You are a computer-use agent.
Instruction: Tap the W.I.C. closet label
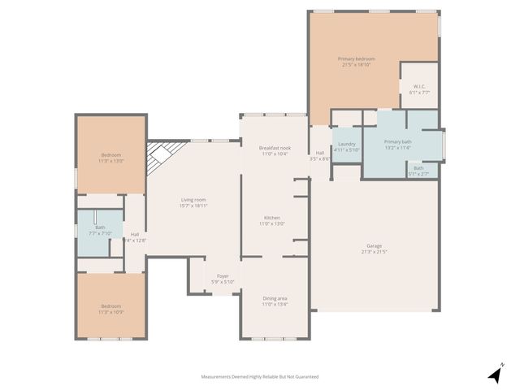(419, 87)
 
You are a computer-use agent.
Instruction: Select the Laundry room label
(347, 144)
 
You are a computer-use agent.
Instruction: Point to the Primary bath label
(398, 142)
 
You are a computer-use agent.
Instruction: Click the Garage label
(374, 246)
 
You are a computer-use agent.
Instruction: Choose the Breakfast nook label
(275, 148)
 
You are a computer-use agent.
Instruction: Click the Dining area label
(274, 298)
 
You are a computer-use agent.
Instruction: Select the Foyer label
(222, 276)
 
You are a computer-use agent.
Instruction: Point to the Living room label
(193, 200)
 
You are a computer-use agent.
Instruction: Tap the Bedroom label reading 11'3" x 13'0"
(110, 155)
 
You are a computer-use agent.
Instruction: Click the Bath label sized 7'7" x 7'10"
(100, 227)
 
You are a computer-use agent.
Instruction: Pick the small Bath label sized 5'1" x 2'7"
(418, 168)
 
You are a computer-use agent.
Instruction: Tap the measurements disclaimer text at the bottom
(260, 377)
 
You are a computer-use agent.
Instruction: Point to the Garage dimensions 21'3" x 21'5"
(374, 252)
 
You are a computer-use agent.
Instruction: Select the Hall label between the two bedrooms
(134, 235)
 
